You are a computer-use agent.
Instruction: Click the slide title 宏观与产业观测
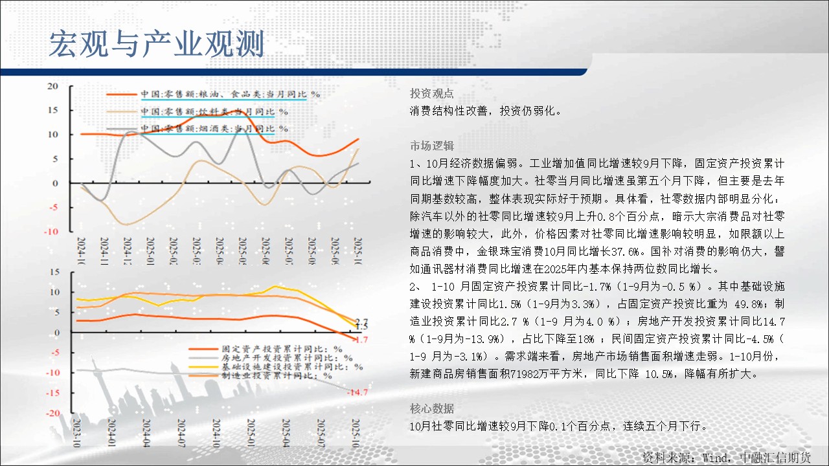tap(156, 44)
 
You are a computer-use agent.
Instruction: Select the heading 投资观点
tap(432, 93)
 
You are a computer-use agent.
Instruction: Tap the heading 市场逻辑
tap(432, 144)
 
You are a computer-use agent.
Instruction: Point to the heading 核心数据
tap(432, 408)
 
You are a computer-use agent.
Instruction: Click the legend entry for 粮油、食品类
tap(230, 94)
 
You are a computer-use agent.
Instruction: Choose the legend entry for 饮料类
tap(214, 111)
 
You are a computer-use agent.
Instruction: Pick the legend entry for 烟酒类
tap(214, 129)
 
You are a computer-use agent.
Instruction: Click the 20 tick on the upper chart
tap(53, 86)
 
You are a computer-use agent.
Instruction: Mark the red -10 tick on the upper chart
tap(52, 232)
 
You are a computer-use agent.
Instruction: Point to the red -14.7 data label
tap(358, 392)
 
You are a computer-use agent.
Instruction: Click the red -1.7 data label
tap(361, 339)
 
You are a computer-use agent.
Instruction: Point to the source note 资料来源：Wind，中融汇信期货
tap(726, 457)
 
